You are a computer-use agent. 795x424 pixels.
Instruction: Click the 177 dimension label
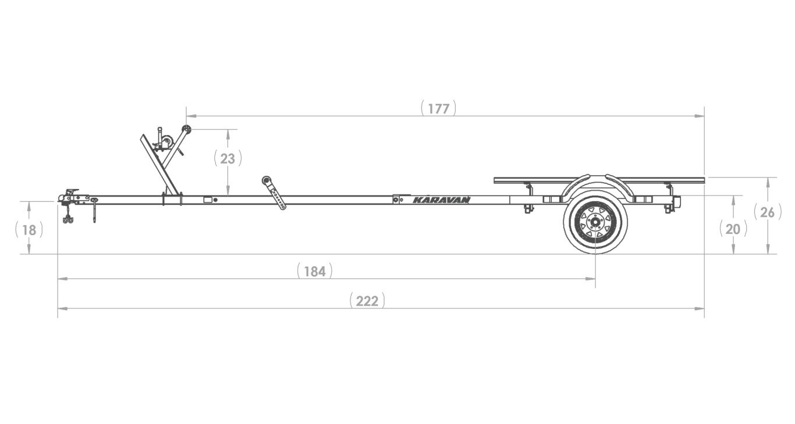(439, 109)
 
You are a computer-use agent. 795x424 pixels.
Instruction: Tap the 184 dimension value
(315, 272)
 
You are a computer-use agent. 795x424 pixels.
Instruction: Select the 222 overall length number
(367, 301)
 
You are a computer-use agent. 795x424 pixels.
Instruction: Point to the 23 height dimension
(228, 159)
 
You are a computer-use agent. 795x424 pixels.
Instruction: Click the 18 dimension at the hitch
(29, 230)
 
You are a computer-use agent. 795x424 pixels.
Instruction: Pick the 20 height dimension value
(733, 230)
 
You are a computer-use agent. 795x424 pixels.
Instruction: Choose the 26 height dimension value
(767, 212)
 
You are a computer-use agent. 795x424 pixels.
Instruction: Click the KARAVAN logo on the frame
(441, 200)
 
